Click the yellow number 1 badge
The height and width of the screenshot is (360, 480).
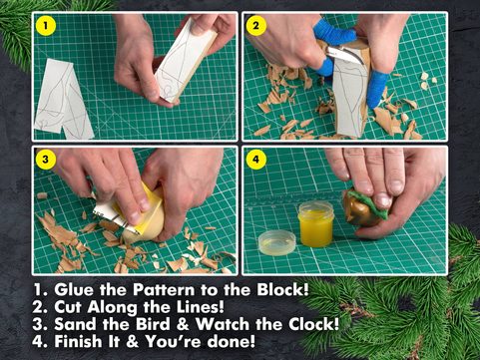[47, 25]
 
